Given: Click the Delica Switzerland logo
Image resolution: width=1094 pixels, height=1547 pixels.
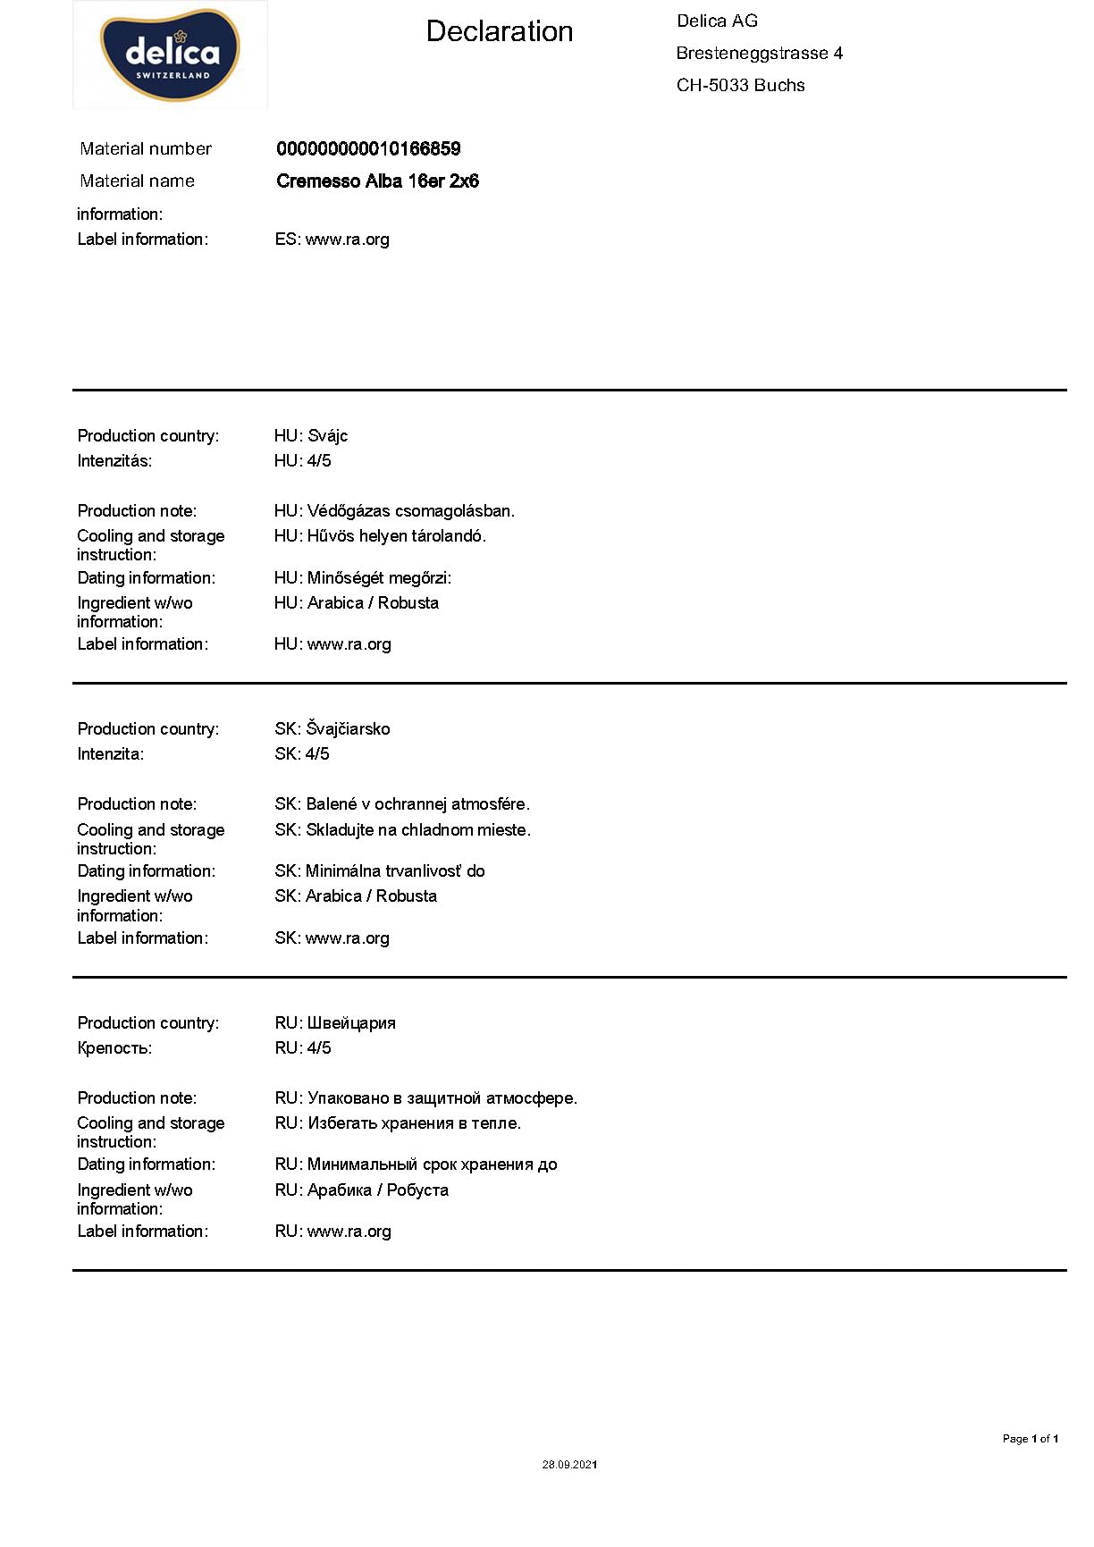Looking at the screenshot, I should point(170,55).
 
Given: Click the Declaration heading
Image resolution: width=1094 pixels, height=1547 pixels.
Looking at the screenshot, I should point(499,31).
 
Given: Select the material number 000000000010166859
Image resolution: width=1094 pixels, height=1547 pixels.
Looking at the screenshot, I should point(368,149).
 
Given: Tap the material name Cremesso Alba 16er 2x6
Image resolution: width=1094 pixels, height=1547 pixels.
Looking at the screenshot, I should point(377,181).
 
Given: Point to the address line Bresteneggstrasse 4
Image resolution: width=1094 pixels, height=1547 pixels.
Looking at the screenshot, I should point(759,54).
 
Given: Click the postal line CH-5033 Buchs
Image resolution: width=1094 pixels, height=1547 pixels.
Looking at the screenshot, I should point(740,86).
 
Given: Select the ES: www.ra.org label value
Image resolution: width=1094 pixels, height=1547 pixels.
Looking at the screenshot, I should point(332,240).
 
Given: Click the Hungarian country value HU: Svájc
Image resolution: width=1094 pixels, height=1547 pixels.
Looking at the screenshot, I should point(310,436).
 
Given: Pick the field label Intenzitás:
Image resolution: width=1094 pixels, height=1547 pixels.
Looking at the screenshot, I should point(114,461).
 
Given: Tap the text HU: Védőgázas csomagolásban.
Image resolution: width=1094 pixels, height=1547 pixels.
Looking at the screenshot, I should point(394,511).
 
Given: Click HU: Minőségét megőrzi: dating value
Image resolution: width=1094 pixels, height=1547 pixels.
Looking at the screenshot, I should point(362,578).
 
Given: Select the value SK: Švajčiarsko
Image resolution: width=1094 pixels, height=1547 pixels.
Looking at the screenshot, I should point(332,729).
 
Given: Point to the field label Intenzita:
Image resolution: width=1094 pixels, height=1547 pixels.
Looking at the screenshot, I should point(110,754).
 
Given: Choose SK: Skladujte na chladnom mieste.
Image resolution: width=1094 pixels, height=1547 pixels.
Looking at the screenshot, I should point(402,830).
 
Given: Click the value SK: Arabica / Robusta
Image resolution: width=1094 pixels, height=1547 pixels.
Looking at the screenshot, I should point(356,896).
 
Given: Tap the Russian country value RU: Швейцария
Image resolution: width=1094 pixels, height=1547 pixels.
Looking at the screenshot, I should point(334,1023).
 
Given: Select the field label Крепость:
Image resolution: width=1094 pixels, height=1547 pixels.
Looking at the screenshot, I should point(114,1048).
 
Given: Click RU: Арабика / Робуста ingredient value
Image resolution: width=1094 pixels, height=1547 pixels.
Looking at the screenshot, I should point(361,1190).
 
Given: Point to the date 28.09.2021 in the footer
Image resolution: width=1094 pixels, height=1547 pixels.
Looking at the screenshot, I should point(569,1465).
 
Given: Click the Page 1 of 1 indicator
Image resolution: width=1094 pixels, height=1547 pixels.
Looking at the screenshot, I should point(1030,1439).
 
